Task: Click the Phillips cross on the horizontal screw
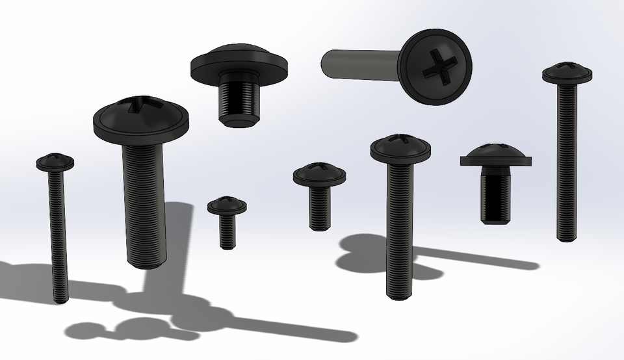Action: (x=435, y=66)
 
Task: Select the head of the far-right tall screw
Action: (x=567, y=73)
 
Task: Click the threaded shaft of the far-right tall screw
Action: (x=566, y=162)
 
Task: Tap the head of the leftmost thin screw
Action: (x=55, y=162)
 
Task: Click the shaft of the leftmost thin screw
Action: (x=58, y=234)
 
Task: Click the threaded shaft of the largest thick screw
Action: (x=144, y=201)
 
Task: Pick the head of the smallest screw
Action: (x=227, y=206)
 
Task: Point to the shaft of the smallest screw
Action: (x=227, y=231)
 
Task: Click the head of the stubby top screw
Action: (x=239, y=62)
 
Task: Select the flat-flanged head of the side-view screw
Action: (x=496, y=156)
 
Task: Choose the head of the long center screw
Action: (x=400, y=149)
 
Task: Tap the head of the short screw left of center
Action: (x=319, y=174)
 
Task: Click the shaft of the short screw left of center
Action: (x=319, y=207)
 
